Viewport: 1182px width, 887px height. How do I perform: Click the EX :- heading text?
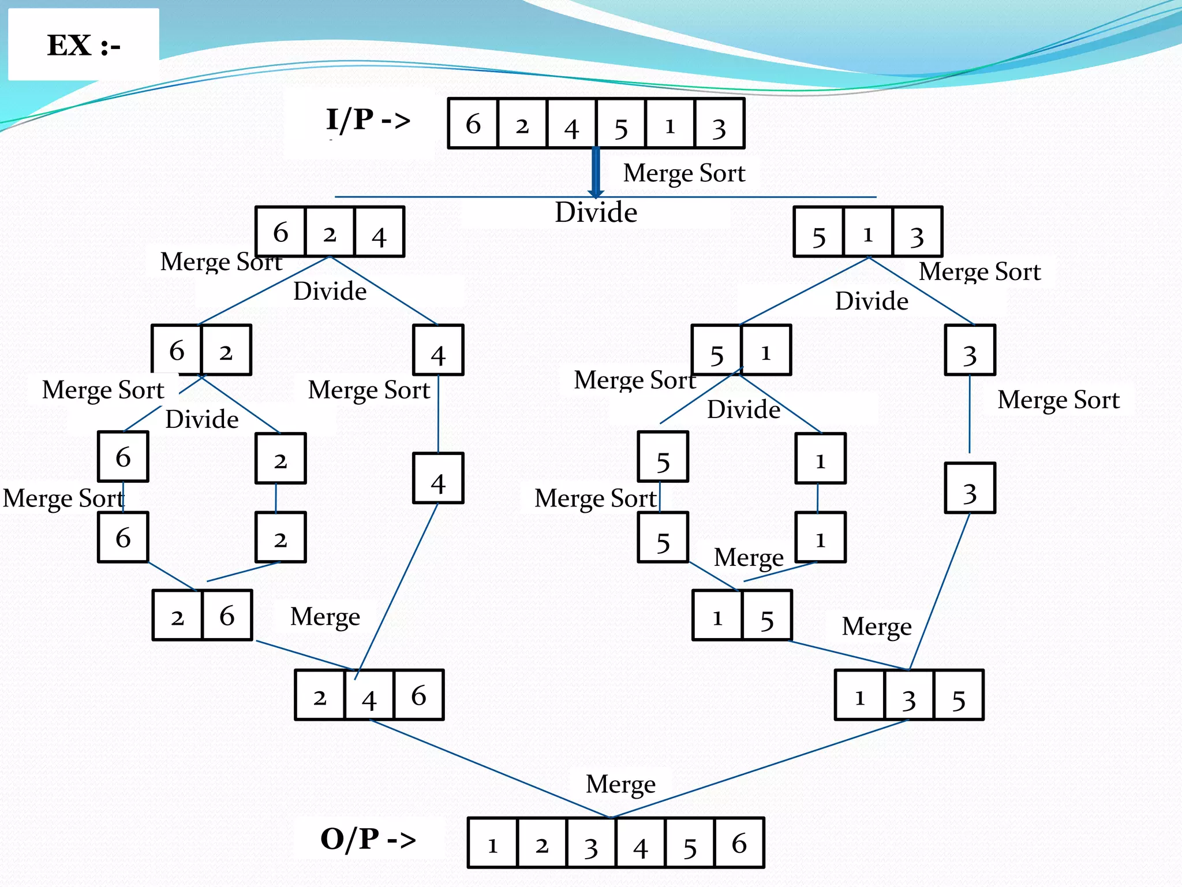tap(84, 45)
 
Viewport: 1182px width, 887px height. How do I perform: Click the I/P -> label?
tap(368, 120)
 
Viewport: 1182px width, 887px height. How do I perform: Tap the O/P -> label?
tap(368, 839)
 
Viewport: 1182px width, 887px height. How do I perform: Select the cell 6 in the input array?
tap(473, 124)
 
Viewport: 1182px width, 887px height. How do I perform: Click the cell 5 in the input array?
tap(621, 124)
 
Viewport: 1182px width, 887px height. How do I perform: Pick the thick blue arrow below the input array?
tap(596, 172)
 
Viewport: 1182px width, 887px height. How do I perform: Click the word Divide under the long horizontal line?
tap(596, 213)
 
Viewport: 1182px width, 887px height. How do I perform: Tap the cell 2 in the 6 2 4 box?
tap(330, 232)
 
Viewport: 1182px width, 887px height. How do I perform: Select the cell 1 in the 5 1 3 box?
tap(867, 232)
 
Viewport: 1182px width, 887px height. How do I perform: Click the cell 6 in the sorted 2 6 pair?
tap(227, 616)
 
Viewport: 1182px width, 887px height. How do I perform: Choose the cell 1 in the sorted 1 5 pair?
tap(717, 616)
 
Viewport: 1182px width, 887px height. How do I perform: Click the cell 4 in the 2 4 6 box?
tap(369, 695)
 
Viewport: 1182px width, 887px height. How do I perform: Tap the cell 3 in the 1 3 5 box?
tap(909, 695)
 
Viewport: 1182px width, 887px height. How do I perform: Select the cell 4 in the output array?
tap(641, 843)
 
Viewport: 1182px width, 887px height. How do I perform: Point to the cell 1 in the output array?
tap(492, 843)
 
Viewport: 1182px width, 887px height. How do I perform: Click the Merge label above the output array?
tap(620, 784)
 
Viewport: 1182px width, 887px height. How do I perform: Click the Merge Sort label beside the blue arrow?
tap(684, 173)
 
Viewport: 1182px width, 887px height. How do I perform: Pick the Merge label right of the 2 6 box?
tap(325, 617)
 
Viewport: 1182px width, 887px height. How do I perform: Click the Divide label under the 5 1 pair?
tap(743, 409)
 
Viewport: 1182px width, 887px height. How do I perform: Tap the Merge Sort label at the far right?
tap(1058, 400)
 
